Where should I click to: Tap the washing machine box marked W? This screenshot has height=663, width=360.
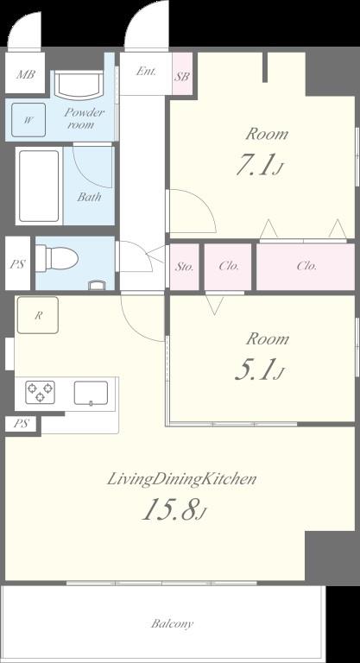28,121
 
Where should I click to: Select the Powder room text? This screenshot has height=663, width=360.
84,118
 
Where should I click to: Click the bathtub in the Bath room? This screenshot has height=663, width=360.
38,187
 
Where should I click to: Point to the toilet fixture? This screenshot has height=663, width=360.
59,256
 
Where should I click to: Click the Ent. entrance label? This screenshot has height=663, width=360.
145,72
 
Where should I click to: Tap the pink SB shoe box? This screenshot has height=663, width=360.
182,76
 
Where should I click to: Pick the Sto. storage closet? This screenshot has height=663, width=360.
185,266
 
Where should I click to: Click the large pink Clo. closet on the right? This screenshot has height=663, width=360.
306,266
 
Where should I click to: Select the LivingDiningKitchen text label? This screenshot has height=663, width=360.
181,479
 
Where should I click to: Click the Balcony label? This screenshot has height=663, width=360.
173,623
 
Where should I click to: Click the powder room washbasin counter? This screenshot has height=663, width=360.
79,86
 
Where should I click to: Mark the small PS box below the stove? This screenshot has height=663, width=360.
22,424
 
